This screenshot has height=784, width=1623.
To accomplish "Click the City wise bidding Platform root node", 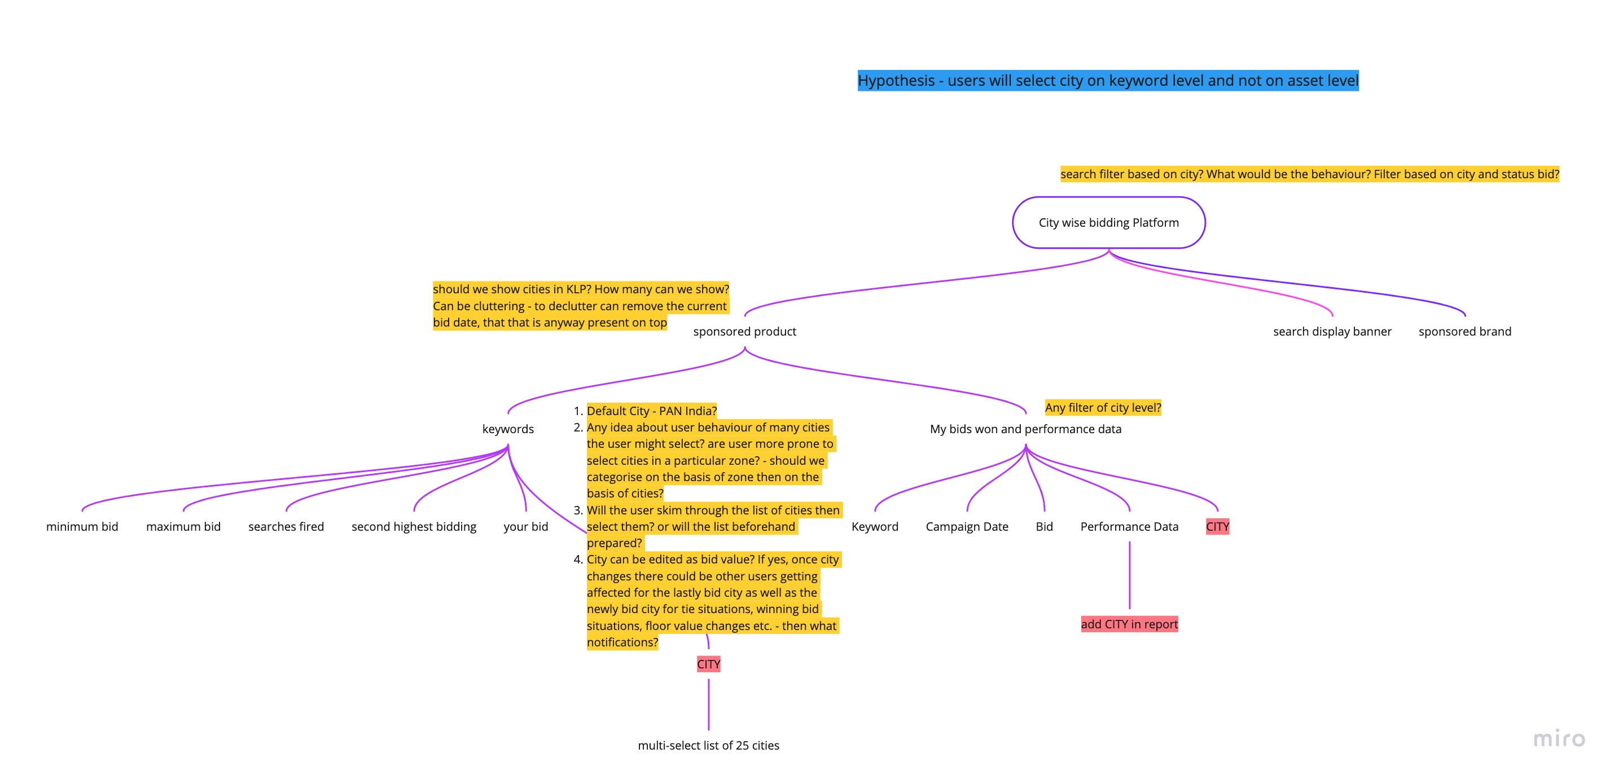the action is pyautogui.click(x=1108, y=222).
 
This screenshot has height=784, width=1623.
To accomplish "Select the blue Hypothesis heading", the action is pyautogui.click(x=1108, y=81).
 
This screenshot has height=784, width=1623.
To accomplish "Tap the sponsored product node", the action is pyautogui.click(x=744, y=331).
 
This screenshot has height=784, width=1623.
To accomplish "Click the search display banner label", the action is pyautogui.click(x=1332, y=331).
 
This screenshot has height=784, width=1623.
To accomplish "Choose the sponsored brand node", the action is pyautogui.click(x=1464, y=331).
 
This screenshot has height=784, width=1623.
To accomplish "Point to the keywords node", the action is pyautogui.click(x=508, y=429).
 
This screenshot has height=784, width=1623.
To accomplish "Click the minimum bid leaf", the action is pyautogui.click(x=82, y=526).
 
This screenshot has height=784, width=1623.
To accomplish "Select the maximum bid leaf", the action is pyautogui.click(x=183, y=526).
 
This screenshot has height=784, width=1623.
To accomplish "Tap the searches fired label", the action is pyautogui.click(x=286, y=526).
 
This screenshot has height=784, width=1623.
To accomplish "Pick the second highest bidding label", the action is pyautogui.click(x=414, y=526).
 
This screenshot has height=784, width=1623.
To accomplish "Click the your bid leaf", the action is pyautogui.click(x=525, y=526).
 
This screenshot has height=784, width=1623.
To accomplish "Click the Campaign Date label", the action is pyautogui.click(x=967, y=526).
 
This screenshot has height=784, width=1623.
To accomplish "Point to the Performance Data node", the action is pyautogui.click(x=1129, y=526).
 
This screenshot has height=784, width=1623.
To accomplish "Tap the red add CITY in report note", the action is pyautogui.click(x=1129, y=624).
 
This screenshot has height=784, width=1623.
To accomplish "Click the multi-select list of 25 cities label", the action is pyautogui.click(x=708, y=746).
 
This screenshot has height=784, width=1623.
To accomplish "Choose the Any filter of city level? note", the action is pyautogui.click(x=1103, y=407).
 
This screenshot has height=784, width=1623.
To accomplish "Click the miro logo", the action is pyautogui.click(x=1559, y=738).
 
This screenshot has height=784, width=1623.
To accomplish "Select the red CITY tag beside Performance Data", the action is pyautogui.click(x=1217, y=526).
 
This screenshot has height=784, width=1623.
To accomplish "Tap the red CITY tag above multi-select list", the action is pyautogui.click(x=708, y=664).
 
